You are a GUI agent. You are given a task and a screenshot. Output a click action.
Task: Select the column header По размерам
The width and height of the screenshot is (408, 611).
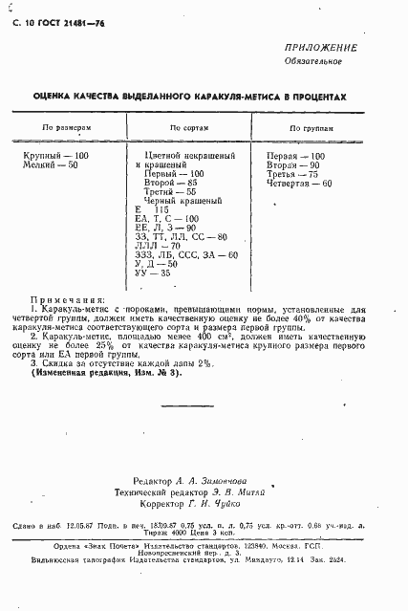tap(65, 127)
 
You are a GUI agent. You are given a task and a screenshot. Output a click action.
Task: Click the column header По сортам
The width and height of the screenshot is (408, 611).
tap(188, 127)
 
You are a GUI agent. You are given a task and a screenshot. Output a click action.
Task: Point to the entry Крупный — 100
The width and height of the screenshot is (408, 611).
tap(55, 155)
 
